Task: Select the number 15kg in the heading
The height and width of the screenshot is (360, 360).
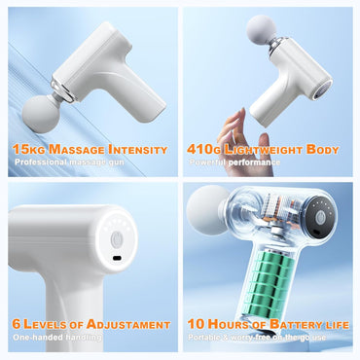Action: point(26,149)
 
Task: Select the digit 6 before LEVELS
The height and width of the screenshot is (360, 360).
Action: point(17,324)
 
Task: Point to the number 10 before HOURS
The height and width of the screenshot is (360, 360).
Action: point(195,324)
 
